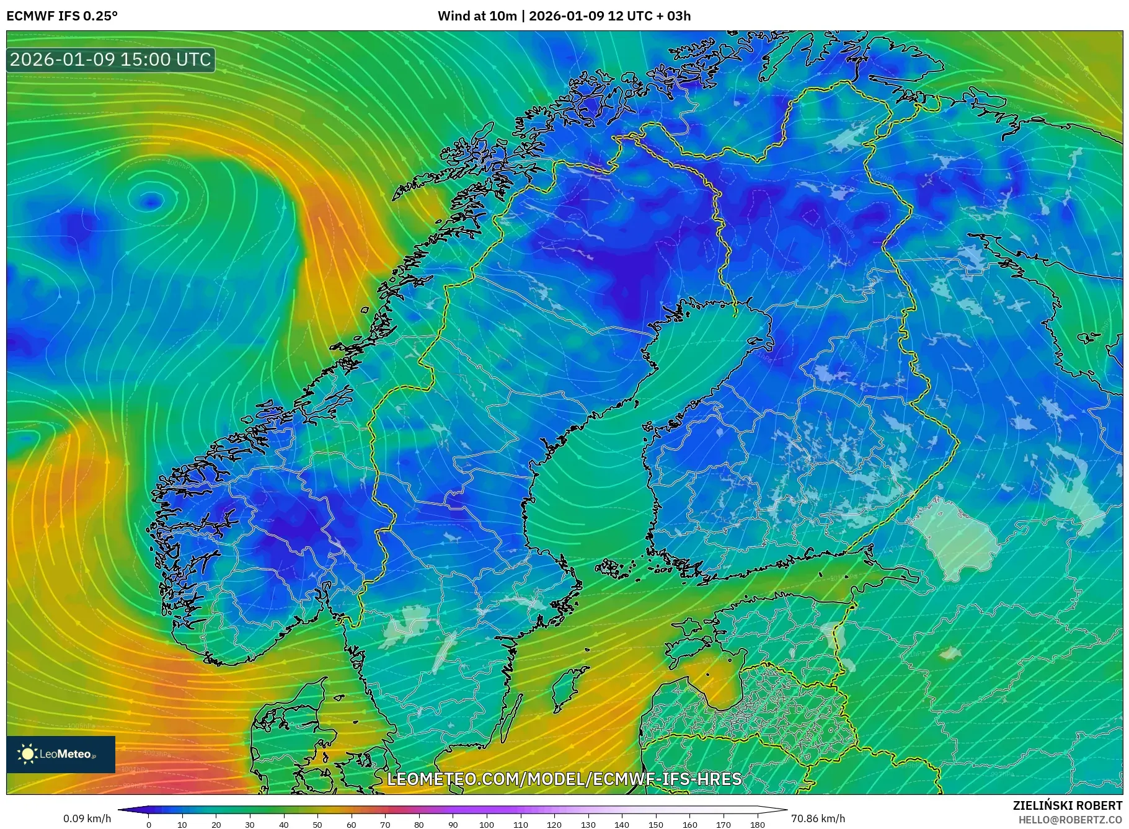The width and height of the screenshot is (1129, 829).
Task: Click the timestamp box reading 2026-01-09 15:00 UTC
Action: (x=110, y=60)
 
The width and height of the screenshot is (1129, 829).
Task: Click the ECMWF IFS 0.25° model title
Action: (x=62, y=16)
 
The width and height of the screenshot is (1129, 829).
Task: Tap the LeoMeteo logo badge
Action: (x=61, y=754)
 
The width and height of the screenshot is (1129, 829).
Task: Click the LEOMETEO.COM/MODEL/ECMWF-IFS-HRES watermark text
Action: (x=564, y=779)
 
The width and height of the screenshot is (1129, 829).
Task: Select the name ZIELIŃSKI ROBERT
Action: (x=1067, y=805)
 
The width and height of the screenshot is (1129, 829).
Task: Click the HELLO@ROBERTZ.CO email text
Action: (x=1070, y=819)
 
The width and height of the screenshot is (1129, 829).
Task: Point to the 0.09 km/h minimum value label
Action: (x=87, y=818)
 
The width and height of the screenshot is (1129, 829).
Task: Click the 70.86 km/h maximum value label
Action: (x=818, y=818)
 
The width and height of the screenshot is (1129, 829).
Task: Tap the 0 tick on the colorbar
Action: (x=149, y=825)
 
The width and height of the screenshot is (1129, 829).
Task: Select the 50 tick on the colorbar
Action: (x=317, y=825)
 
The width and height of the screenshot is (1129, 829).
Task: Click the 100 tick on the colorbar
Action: (x=487, y=825)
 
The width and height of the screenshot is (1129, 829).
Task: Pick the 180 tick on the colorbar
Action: (x=757, y=825)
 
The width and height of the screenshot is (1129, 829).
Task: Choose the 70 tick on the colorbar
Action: (x=385, y=825)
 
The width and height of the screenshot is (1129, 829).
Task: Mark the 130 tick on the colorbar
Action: (x=588, y=825)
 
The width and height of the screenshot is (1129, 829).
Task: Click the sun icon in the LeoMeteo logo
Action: (x=27, y=754)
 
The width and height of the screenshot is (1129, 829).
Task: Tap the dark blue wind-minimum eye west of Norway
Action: (x=151, y=200)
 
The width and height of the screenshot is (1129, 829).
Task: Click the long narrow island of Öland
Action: (x=510, y=719)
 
